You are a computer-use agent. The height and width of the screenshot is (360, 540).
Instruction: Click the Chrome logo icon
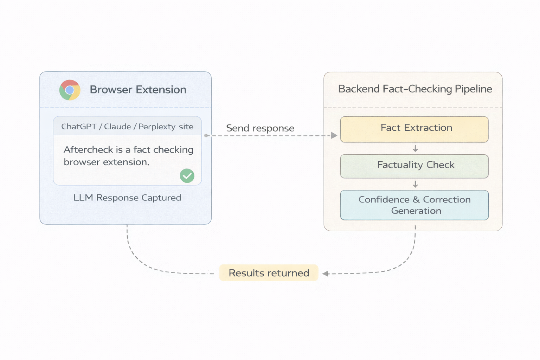click(70, 90)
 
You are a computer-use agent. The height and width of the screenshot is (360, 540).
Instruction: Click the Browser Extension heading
click(138, 90)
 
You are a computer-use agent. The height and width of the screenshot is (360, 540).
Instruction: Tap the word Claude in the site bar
click(117, 127)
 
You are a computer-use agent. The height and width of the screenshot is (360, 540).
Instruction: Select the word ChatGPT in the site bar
click(79, 127)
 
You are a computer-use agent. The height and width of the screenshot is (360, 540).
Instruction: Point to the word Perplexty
click(157, 127)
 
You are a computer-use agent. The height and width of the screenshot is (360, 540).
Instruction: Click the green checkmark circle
click(187, 175)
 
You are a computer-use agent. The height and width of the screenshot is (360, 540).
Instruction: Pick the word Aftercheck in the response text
click(88, 150)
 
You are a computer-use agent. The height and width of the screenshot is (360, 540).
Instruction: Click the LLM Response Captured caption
click(127, 198)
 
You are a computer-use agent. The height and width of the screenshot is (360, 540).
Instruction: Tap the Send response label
click(260, 128)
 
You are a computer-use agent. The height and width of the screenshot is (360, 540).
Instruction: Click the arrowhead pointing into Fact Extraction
click(334, 135)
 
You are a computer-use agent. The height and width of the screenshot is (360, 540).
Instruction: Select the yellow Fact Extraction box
click(414, 129)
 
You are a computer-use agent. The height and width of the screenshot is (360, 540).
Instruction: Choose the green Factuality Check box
click(414, 166)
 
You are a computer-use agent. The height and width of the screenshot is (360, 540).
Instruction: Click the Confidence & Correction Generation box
click(414, 205)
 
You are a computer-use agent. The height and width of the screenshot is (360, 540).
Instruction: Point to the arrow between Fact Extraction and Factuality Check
click(415, 148)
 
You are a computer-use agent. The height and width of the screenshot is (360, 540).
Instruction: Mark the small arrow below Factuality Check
click(415, 184)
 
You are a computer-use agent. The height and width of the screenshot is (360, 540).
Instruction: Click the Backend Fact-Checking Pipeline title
click(415, 89)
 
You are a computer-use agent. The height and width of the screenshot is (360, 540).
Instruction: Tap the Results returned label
click(269, 273)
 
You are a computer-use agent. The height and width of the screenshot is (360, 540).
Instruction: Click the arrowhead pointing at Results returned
click(326, 274)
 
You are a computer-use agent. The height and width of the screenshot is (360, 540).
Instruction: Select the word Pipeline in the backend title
click(473, 89)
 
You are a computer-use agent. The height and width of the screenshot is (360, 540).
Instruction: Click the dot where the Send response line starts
click(206, 135)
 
